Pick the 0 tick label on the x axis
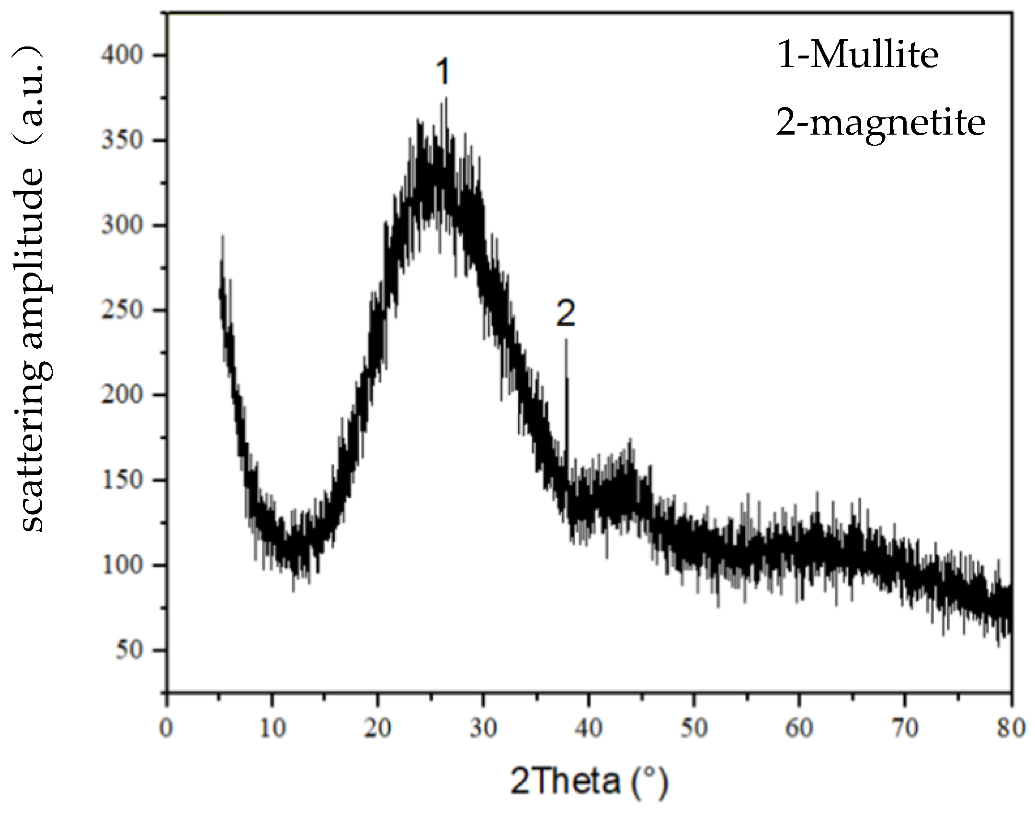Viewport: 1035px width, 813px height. pyautogui.click(x=167, y=729)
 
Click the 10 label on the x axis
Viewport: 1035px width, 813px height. pyautogui.click(x=272, y=729)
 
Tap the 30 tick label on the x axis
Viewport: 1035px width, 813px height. pyautogui.click(x=483, y=729)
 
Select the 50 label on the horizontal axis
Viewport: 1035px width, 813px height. pyautogui.click(x=694, y=729)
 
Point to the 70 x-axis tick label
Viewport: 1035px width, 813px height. pyautogui.click(x=905, y=729)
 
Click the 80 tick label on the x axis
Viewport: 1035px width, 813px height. pyautogui.click(x=1011, y=729)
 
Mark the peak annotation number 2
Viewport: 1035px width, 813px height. pyautogui.click(x=565, y=315)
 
